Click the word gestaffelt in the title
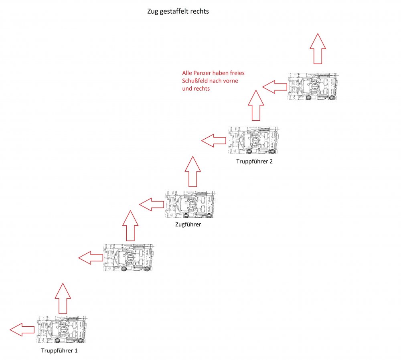tap(176, 12)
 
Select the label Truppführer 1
tap(60, 350)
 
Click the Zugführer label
tap(188, 225)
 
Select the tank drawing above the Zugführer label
tap(190, 204)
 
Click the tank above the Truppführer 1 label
tap(61, 330)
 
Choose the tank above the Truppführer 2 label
tap(253, 140)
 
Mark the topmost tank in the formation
tap(313, 87)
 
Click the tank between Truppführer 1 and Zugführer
tap(129, 258)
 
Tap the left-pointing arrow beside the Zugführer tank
tap(152, 204)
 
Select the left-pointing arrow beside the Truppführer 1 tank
tap(22, 330)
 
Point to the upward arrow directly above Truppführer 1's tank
tap(63, 298)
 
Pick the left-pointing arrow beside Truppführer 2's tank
tap(214, 140)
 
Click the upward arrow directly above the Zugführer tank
tap(192, 172)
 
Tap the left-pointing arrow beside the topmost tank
tap(275, 86)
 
